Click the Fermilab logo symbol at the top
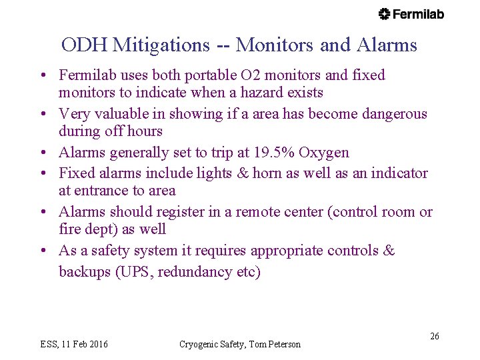385,14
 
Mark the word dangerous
394,114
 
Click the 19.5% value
271,153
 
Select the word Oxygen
323,153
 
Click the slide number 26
434,336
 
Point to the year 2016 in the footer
95,345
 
